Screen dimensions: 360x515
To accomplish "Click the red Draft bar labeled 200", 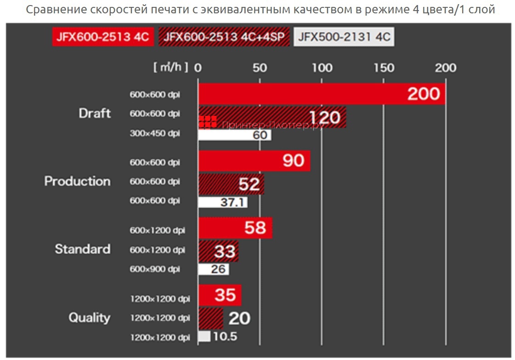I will pyautogui.click(x=322, y=94).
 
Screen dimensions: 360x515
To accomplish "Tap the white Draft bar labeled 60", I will pyautogui.click(x=235, y=135).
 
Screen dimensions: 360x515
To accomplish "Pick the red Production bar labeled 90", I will pyautogui.click(x=254, y=160).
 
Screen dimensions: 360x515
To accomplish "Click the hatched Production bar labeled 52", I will pyautogui.click(x=231, y=184).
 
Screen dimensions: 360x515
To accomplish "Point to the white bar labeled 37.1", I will pyautogui.click(x=223, y=202).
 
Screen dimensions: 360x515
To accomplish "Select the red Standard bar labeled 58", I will pyautogui.click(x=235, y=228).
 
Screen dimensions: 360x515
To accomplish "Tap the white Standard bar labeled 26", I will pyautogui.click(x=214, y=269).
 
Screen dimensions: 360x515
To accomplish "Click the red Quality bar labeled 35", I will pyautogui.click(x=220, y=295).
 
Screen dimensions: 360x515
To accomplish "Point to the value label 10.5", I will pyautogui.click(x=225, y=337).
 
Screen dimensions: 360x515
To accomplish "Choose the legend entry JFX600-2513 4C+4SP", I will pyautogui.click(x=224, y=37).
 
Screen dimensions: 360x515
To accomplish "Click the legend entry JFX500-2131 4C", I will pyautogui.click(x=344, y=37).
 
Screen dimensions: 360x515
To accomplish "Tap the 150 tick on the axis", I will pyautogui.click(x=384, y=68).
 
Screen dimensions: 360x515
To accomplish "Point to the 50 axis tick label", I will pyautogui.click(x=260, y=68).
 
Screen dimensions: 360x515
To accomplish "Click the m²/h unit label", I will pyautogui.click(x=170, y=68).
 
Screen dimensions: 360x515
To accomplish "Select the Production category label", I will pyautogui.click(x=77, y=181).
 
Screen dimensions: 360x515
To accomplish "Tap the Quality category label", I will pyautogui.click(x=90, y=318).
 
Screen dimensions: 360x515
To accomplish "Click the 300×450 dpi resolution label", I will pyautogui.click(x=155, y=134).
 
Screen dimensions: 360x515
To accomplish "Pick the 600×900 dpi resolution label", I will pyautogui.click(x=155, y=269).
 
